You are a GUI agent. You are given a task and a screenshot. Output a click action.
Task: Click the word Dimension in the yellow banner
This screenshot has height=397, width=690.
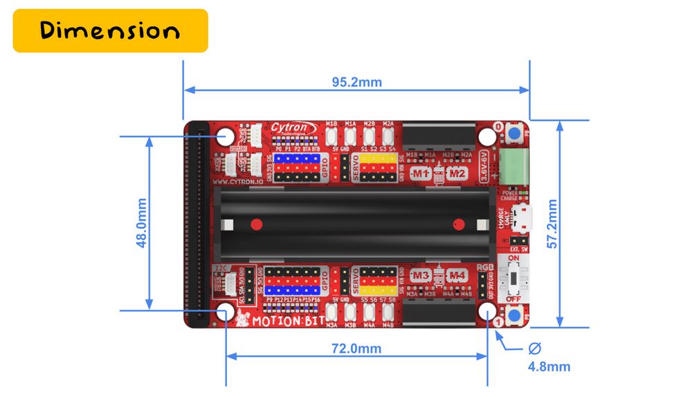[110, 30]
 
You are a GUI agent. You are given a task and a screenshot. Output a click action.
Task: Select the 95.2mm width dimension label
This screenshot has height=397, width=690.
[356, 82]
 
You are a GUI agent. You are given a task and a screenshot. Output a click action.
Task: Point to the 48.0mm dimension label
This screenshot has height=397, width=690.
[141, 223]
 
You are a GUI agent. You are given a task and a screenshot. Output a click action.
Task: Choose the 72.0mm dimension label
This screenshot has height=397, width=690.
[356, 349]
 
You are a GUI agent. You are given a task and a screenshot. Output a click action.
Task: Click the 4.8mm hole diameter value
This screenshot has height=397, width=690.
[549, 367]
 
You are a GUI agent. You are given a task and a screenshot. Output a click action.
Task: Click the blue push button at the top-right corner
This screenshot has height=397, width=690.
[514, 133]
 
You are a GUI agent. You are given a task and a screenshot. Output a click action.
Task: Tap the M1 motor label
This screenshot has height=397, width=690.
[421, 172]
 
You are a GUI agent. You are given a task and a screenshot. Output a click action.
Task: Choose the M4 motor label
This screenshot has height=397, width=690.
[456, 276]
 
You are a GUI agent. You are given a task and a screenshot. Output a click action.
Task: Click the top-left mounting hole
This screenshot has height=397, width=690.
[226, 136]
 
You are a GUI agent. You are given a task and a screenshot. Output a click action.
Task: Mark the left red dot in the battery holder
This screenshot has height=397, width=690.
[256, 224]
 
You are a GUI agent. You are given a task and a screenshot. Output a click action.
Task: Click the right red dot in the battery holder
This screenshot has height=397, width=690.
[457, 224]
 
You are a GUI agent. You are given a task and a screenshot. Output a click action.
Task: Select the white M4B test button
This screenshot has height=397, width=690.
[388, 312]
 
